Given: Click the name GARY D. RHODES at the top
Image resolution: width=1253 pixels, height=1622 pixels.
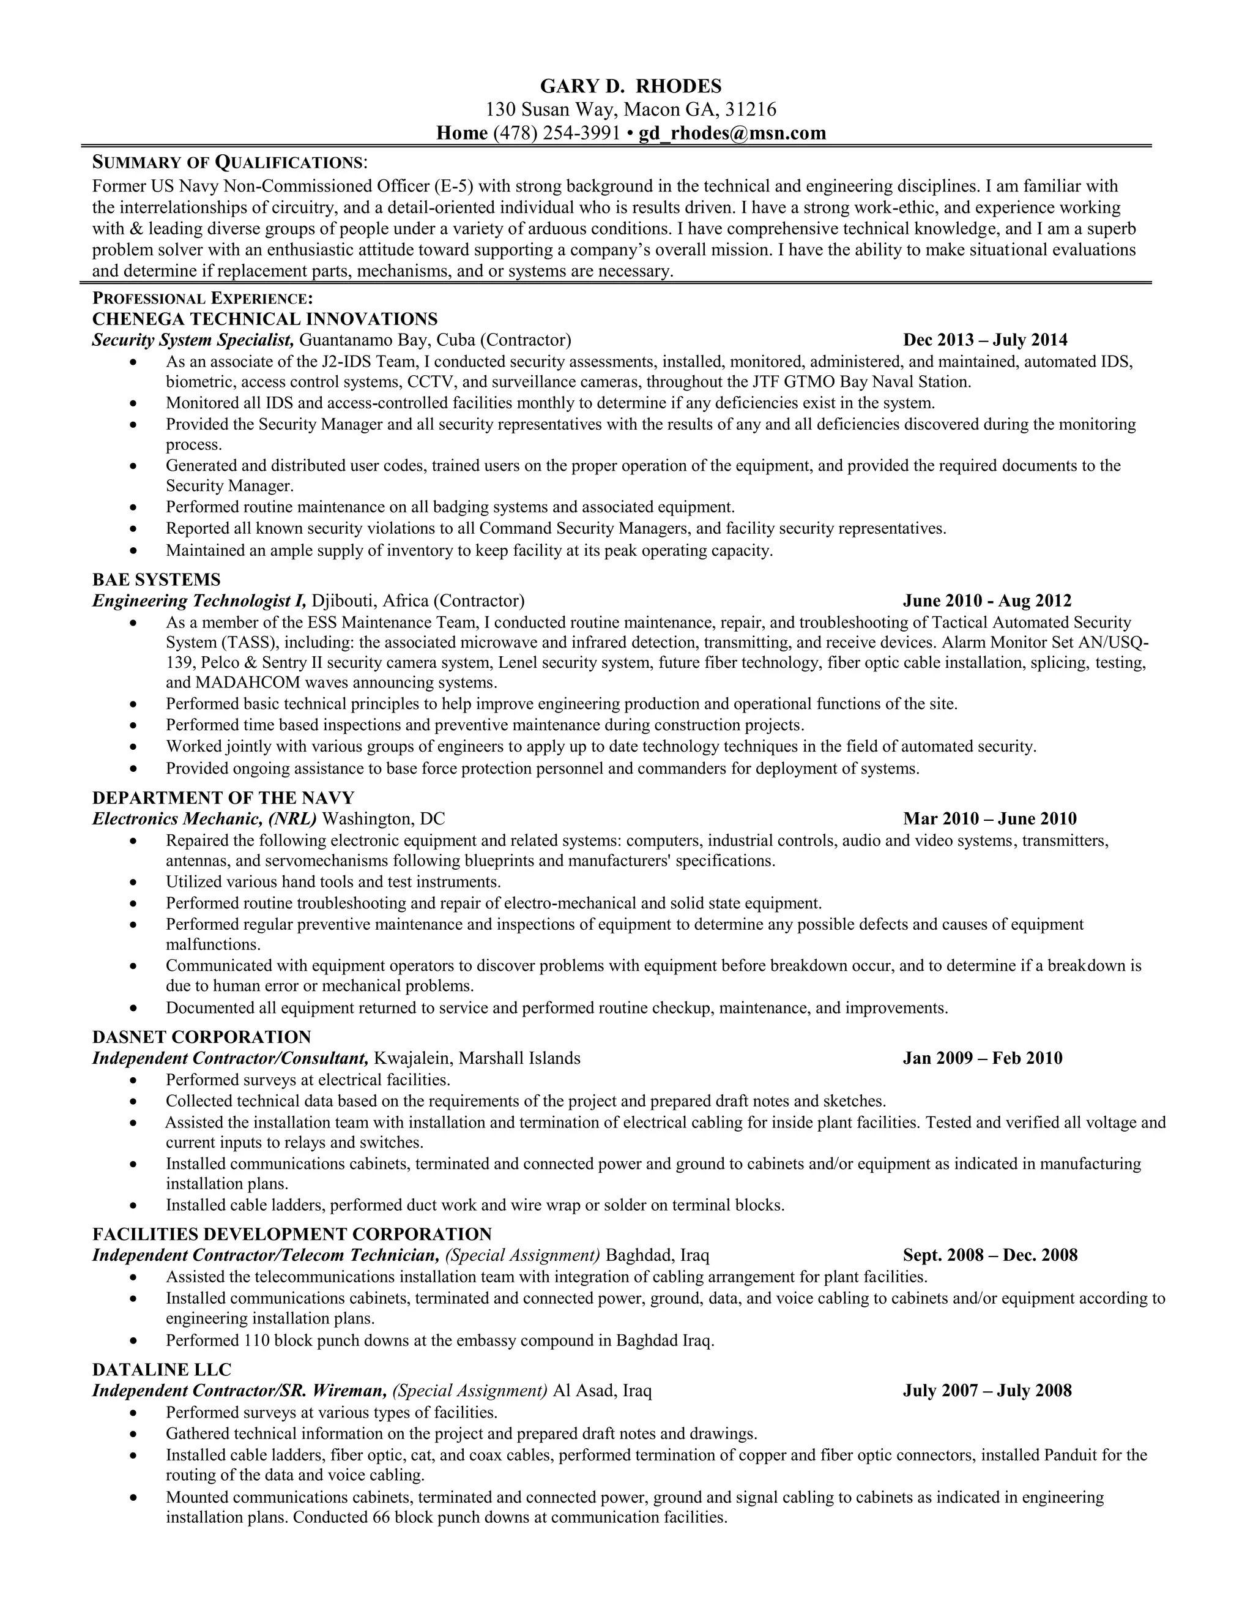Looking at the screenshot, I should point(630,87).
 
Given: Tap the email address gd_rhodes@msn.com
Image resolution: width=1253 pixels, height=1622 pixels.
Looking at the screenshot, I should point(732,133).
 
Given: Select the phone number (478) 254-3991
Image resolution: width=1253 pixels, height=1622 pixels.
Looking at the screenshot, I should point(556,133).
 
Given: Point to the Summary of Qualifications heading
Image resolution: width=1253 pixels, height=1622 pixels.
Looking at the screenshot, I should point(229,162).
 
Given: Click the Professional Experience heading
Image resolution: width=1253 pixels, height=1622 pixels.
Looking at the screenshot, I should point(202,299).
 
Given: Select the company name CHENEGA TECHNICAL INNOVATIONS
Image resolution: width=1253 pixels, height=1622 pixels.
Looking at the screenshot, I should point(265,320).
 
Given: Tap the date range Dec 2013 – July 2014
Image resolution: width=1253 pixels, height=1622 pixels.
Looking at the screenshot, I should point(985,340).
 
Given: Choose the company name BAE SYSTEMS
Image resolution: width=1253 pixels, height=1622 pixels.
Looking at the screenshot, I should point(157,579).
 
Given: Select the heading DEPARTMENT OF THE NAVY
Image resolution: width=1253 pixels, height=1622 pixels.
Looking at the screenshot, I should point(223,798).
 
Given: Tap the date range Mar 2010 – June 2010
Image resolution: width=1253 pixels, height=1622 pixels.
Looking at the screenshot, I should point(989,818).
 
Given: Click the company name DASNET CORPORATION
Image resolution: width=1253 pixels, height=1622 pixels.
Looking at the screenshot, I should point(202,1037).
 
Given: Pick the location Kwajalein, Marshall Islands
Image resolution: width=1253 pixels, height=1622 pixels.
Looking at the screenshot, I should point(477,1058).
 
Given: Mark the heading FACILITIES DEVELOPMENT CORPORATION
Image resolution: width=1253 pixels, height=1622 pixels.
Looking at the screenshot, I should point(292,1235).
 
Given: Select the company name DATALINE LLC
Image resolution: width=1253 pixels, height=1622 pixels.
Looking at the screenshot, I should point(162,1369).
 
